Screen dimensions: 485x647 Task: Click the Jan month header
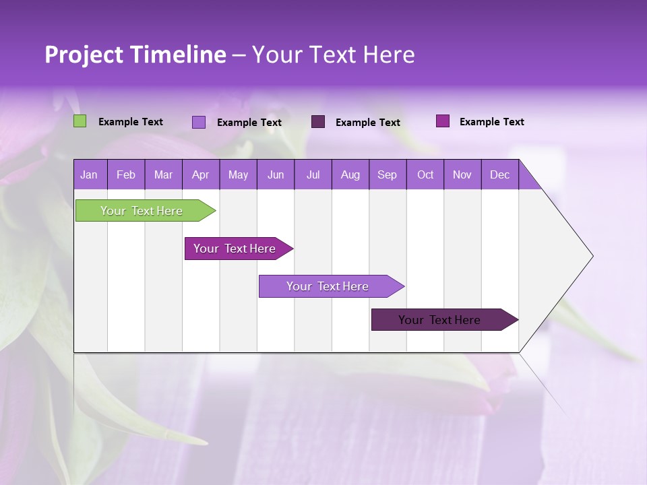tap(89, 174)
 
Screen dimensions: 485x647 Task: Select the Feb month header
tap(126, 174)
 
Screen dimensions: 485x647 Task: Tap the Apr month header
tap(200, 174)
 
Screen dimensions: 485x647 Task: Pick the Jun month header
tap(276, 174)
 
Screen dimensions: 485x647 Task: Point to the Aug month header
tap(350, 174)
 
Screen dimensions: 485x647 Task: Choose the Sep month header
tap(387, 174)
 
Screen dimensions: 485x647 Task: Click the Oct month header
tap(425, 174)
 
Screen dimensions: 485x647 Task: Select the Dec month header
tap(499, 174)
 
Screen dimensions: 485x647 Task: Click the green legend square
tap(80, 121)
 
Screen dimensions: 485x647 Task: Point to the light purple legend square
tap(199, 122)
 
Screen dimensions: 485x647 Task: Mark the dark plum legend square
tap(318, 121)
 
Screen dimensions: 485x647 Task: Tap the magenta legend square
tap(443, 121)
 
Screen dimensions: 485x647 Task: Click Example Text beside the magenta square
tap(491, 121)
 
